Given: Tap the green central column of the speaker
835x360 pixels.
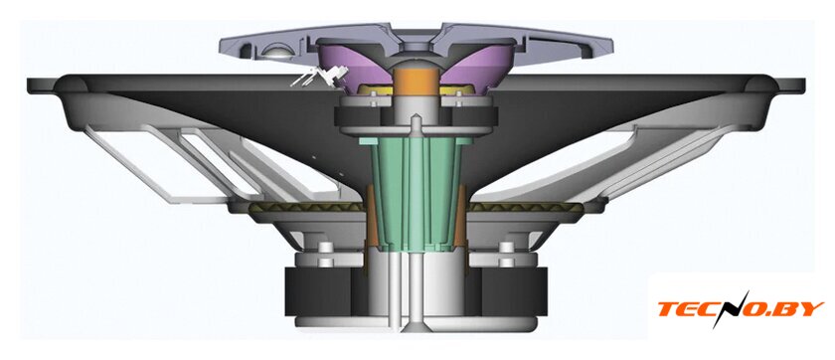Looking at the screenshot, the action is [416, 192].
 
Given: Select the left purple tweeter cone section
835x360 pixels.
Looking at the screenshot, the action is [352, 63].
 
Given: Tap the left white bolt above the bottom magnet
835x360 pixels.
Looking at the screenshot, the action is [325, 254].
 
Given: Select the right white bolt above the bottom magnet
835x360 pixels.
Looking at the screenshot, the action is [507, 254].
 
